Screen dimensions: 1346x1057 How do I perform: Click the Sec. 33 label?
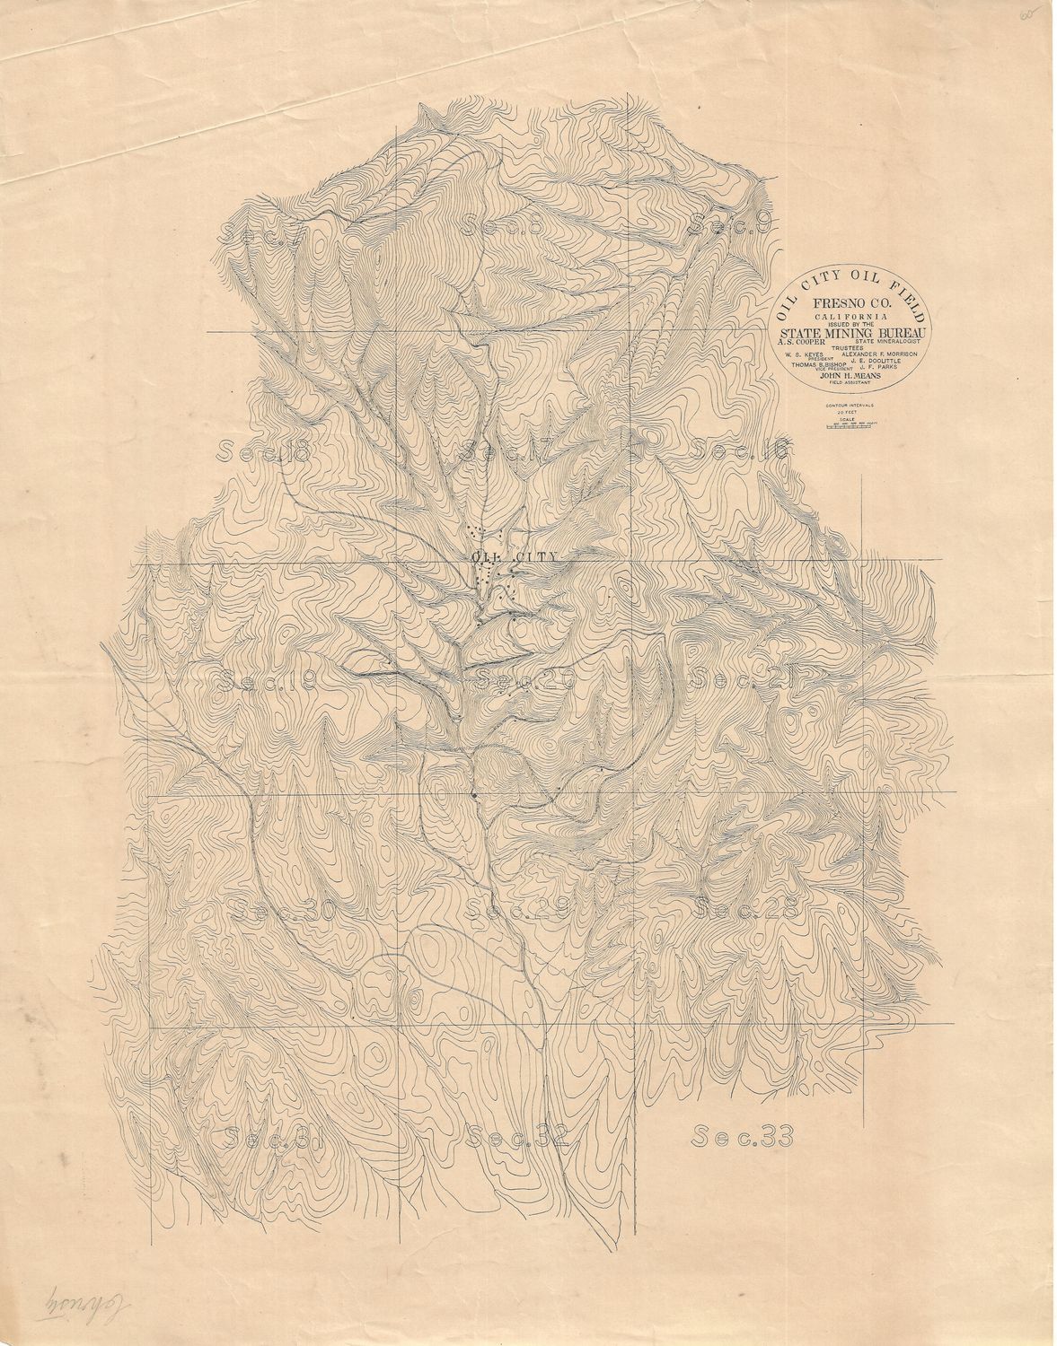pos(744,1137)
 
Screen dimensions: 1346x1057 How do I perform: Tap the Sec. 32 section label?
pos(518,1137)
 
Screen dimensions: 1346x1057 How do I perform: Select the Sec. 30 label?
pos(283,911)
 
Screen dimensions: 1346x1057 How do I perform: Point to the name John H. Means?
pos(852,375)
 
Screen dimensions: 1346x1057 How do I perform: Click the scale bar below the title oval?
pos(850,427)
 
